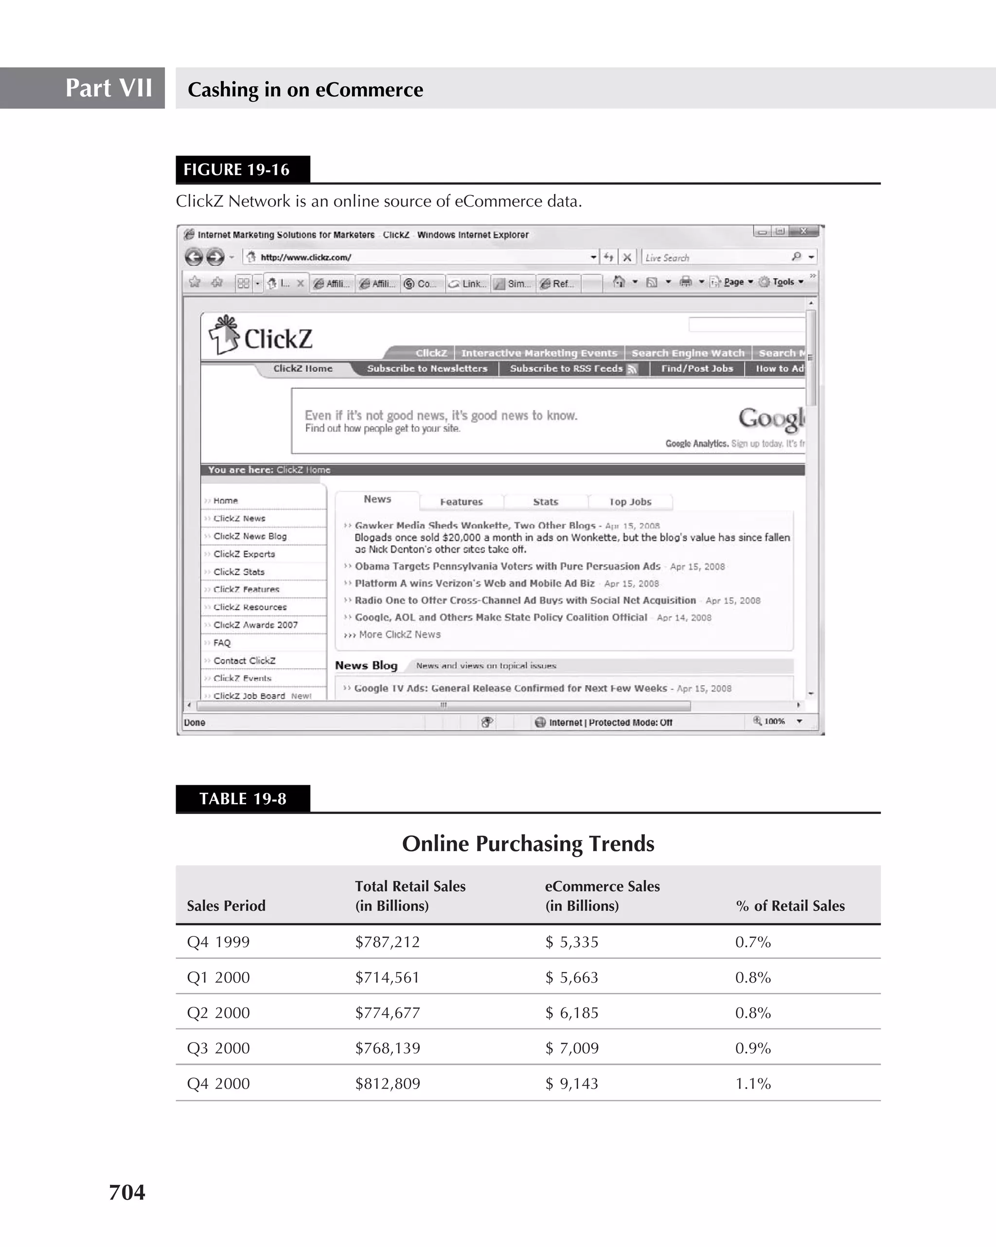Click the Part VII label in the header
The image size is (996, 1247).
[108, 88]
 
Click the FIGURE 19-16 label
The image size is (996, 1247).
[236, 170]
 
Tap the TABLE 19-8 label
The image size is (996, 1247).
[243, 799]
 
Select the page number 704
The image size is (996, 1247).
[127, 1192]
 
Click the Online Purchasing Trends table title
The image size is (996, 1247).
[528, 843]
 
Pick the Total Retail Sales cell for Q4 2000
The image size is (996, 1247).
[387, 1083]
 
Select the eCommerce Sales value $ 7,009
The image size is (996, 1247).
[572, 1048]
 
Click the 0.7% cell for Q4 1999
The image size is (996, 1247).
[752, 942]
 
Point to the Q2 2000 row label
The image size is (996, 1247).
[218, 1013]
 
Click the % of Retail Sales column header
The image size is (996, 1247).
[790, 906]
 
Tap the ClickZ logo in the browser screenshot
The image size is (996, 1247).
[262, 337]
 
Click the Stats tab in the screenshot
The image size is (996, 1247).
[545, 502]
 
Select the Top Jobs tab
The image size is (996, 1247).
[630, 502]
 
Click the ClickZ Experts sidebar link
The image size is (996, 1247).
[244, 554]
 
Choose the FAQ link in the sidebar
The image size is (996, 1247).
[222, 642]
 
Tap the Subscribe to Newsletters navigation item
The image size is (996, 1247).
[427, 368]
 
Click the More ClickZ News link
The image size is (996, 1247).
[399, 635]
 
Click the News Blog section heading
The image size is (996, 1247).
[366, 665]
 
